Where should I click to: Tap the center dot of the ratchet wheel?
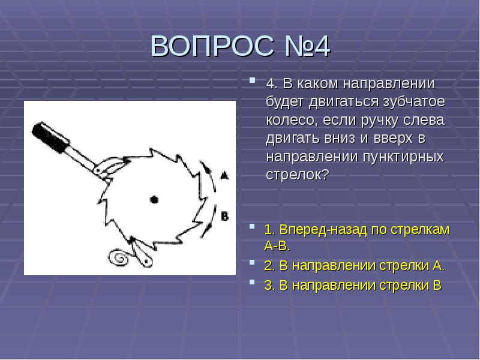click(154, 199)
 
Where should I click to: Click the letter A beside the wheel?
click(224, 176)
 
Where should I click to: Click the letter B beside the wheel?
click(224, 216)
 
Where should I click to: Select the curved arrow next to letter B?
click(208, 219)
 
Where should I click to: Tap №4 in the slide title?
click(306, 47)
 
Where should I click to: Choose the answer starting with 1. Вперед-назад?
click(356, 237)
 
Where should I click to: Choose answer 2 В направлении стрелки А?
click(354, 266)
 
